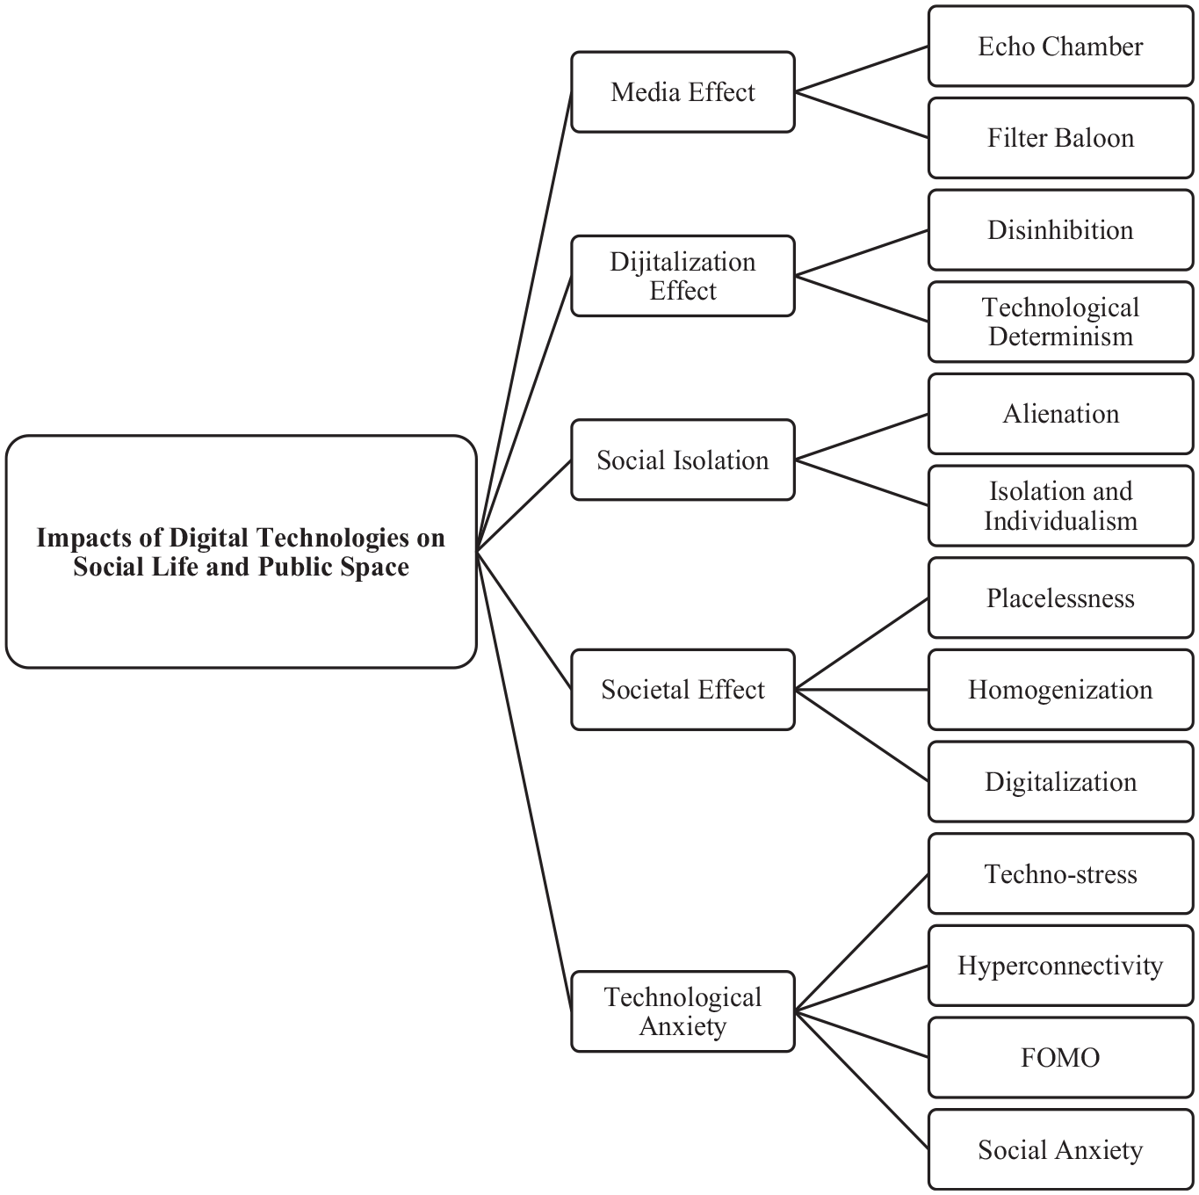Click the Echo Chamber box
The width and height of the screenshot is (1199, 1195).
(1060, 46)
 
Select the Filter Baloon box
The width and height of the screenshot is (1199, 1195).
(1060, 138)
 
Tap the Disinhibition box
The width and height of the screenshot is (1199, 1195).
(1060, 230)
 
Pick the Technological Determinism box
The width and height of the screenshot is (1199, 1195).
(1060, 322)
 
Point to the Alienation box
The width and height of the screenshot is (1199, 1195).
(1060, 414)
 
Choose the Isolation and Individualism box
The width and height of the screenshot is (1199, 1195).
(1060, 505)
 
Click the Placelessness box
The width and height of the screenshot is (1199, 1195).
(1060, 597)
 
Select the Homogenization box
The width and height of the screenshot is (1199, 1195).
(1060, 690)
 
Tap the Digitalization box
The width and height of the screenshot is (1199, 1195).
(1060, 781)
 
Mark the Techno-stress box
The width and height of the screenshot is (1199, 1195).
(1060, 873)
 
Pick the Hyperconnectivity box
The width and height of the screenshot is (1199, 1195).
(1060, 965)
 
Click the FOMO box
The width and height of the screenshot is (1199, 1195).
(1060, 1057)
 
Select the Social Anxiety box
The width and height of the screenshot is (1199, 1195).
(1060, 1149)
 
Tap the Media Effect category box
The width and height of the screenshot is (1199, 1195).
(683, 92)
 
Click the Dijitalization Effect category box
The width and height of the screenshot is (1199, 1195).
(683, 276)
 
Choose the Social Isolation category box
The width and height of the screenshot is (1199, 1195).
(683, 460)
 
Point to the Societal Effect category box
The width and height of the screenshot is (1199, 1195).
(683, 690)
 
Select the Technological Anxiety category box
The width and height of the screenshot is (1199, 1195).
(683, 1011)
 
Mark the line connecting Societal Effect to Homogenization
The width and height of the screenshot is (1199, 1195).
(862, 690)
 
